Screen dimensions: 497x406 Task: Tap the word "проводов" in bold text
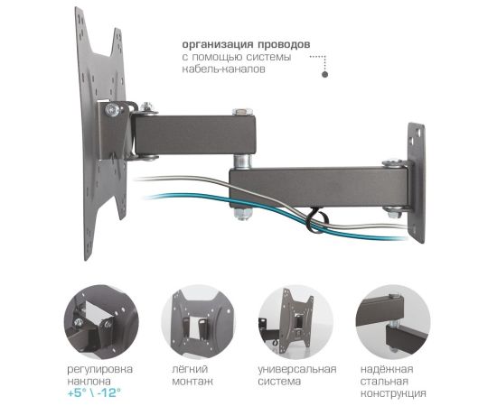point(284,44)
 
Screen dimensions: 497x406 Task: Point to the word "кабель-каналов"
point(223,69)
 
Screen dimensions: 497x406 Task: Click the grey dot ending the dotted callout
point(325,75)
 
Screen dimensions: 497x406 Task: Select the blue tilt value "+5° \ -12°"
point(94,393)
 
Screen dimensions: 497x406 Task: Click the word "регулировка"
point(99,370)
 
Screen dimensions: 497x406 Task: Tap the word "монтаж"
point(192,381)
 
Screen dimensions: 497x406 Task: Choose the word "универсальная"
point(297,369)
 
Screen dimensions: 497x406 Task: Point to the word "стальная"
point(384,381)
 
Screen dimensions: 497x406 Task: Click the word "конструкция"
point(393,393)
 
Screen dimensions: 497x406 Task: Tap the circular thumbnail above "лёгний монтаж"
point(198,321)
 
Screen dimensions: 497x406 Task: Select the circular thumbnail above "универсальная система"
point(295,321)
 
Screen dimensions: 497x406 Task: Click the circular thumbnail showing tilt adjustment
point(101,321)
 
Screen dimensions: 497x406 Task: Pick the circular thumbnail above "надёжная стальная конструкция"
point(393,321)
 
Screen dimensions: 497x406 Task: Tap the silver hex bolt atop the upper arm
point(242,112)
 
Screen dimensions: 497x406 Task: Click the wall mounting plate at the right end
point(417,182)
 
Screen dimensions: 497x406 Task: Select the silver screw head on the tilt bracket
point(113,110)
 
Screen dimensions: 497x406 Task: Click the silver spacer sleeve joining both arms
point(243,161)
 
